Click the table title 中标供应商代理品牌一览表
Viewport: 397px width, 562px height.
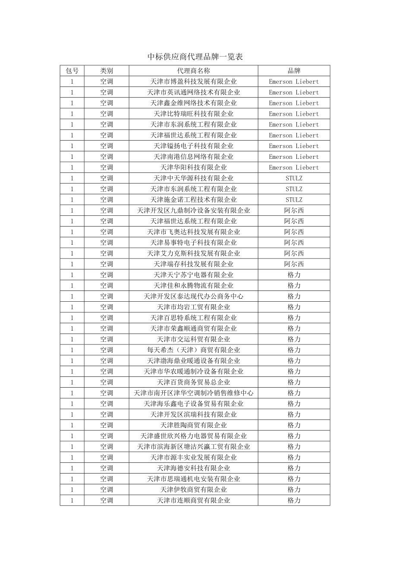195,57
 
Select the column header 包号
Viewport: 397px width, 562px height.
72,71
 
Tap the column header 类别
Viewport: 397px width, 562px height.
107,71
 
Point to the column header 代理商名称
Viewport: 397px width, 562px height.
193,71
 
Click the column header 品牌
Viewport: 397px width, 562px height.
294,71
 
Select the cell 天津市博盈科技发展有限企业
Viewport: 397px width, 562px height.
193,82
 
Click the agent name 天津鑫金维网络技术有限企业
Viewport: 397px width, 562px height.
193,103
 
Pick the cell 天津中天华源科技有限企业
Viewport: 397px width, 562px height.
193,178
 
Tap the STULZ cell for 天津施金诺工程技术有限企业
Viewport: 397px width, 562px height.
294,200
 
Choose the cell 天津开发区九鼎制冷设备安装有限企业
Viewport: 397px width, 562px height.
193,211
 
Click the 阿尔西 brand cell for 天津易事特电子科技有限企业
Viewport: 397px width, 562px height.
294,243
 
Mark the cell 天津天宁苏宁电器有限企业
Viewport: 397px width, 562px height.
193,275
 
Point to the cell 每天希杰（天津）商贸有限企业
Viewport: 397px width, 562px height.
193,350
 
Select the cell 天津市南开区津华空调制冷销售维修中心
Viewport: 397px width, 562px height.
193,393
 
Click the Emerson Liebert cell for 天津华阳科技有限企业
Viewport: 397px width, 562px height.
294,167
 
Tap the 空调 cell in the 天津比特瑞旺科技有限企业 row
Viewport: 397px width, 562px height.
107,114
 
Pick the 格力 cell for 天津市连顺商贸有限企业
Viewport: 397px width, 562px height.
294,500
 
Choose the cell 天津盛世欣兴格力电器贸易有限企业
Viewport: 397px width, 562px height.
193,436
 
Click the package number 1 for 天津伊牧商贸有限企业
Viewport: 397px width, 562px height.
72,489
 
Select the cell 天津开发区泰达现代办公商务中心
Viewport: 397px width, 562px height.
193,297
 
